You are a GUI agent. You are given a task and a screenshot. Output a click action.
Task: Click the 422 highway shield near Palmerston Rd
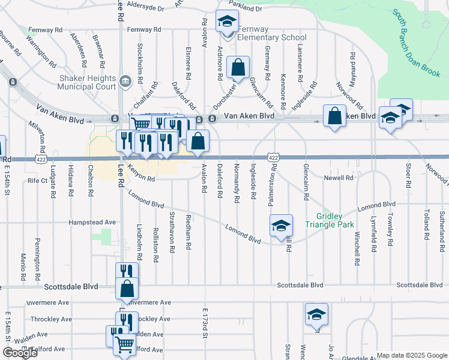tap(273, 157)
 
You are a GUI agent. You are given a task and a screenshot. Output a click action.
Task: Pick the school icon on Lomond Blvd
tap(280, 226)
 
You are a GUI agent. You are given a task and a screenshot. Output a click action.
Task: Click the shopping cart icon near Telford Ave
tap(124, 344)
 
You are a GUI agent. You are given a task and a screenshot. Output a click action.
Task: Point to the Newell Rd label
tap(339, 178)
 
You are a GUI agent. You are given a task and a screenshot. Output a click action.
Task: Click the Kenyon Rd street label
tap(142, 178)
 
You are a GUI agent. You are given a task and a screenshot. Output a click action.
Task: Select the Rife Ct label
tap(37, 180)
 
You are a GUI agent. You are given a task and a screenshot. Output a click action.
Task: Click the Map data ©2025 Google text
tap(412, 355)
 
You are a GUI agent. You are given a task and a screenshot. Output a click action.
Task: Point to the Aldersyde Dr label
tap(146, 8)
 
